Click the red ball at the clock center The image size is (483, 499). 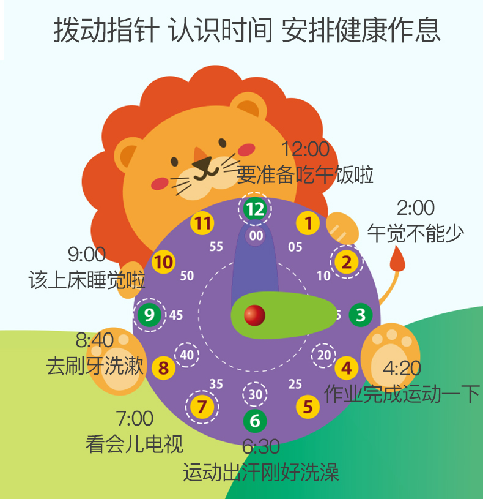(254, 315)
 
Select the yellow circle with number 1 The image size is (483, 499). (308, 223)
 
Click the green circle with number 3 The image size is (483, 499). (361, 315)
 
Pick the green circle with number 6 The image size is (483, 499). (254, 421)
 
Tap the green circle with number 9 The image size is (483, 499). (149, 315)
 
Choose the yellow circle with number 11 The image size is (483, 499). (202, 223)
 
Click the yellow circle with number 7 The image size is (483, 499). (202, 406)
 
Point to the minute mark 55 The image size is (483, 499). (216, 247)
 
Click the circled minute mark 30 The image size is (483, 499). (255, 394)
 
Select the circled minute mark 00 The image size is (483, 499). (256, 236)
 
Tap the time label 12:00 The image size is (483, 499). (305, 149)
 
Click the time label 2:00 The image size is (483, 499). (416, 208)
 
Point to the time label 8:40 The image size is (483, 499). (95, 339)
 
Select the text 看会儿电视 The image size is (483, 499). (134, 443)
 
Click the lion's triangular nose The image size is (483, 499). (202, 162)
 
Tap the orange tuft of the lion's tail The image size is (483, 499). (398, 259)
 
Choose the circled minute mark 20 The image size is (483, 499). (324, 355)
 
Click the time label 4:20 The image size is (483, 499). (402, 369)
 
